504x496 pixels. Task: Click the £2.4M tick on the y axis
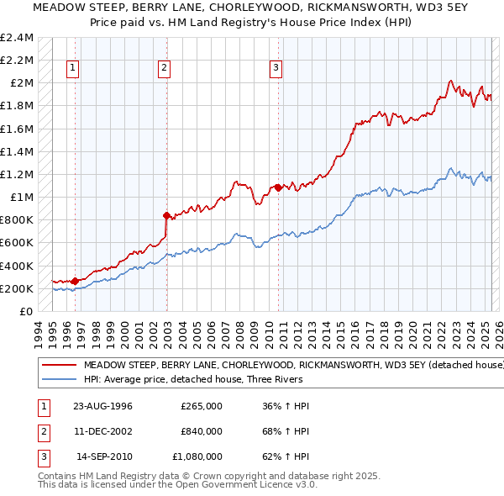tap(17, 37)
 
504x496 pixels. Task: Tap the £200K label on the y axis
tap(17, 288)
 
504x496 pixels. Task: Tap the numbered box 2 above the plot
tap(164, 69)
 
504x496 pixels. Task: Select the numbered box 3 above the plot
tap(275, 69)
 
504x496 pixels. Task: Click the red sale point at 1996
tap(75, 282)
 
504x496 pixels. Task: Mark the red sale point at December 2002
tap(166, 215)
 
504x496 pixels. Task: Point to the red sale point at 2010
tap(278, 187)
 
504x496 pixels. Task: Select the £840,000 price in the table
tap(202, 431)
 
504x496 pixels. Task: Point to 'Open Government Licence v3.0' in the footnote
tap(246, 486)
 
